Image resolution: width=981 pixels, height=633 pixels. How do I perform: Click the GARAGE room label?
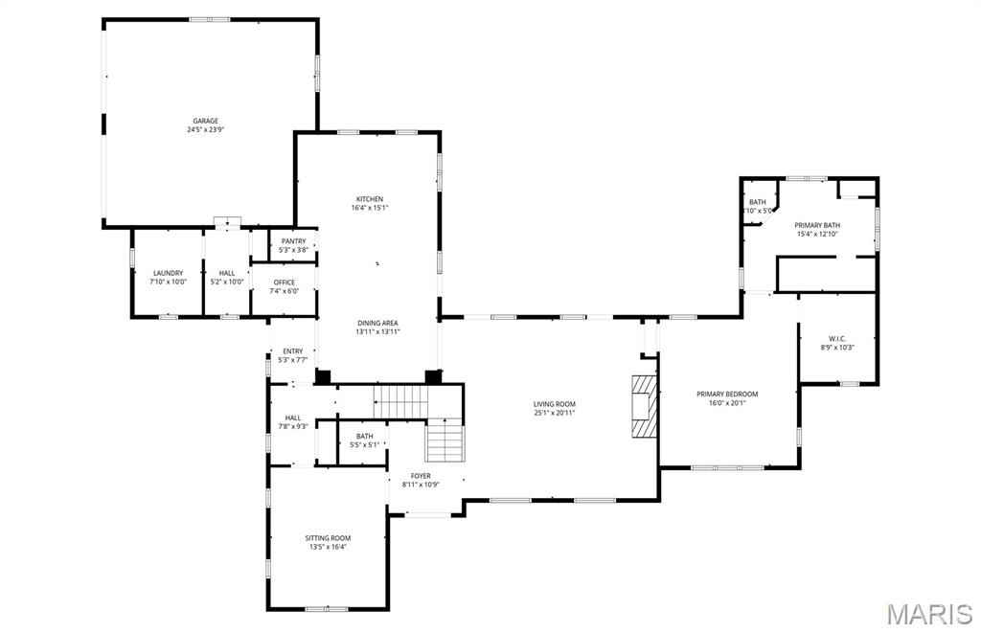(205, 121)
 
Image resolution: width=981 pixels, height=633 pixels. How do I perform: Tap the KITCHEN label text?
(370, 198)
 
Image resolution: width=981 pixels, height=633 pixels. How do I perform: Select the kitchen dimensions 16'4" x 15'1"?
(370, 208)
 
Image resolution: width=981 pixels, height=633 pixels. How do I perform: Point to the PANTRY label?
(293, 241)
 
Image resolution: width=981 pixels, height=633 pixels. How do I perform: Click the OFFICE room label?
(284, 282)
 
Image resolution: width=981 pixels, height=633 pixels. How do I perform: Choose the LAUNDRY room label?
(167, 273)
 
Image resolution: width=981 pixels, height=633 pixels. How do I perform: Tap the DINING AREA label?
(377, 323)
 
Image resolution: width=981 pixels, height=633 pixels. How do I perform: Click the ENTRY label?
(292, 351)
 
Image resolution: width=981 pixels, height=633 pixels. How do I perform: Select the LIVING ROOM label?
(555, 404)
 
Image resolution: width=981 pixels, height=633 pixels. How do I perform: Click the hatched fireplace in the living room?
(645, 405)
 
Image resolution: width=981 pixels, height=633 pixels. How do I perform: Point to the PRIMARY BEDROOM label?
(727, 394)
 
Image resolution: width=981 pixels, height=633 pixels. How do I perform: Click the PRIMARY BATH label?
(816, 225)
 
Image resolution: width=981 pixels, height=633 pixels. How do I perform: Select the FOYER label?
(421, 475)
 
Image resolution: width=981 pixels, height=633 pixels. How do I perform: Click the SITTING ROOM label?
(328, 538)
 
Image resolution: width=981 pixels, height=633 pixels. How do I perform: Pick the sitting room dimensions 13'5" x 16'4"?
(328, 548)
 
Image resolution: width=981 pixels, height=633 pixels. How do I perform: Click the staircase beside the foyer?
(445, 440)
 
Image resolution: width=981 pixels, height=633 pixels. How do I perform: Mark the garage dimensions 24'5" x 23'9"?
(205, 130)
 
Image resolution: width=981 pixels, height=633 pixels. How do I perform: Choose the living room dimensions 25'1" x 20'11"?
(555, 414)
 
